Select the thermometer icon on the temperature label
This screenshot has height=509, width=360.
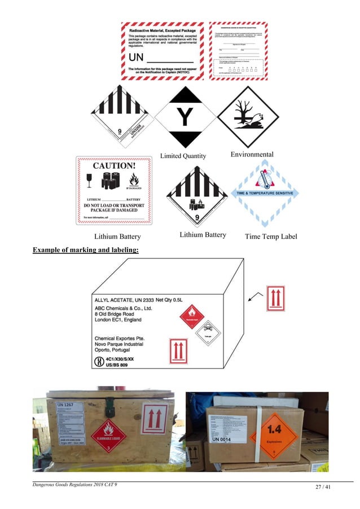(x=264, y=180)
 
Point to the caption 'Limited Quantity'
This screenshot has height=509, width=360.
(x=183, y=156)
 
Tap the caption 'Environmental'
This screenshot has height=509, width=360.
(x=252, y=154)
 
